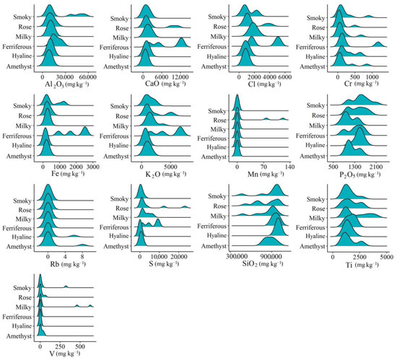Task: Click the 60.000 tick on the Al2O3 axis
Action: [88, 76]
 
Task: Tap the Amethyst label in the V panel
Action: [17, 335]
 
